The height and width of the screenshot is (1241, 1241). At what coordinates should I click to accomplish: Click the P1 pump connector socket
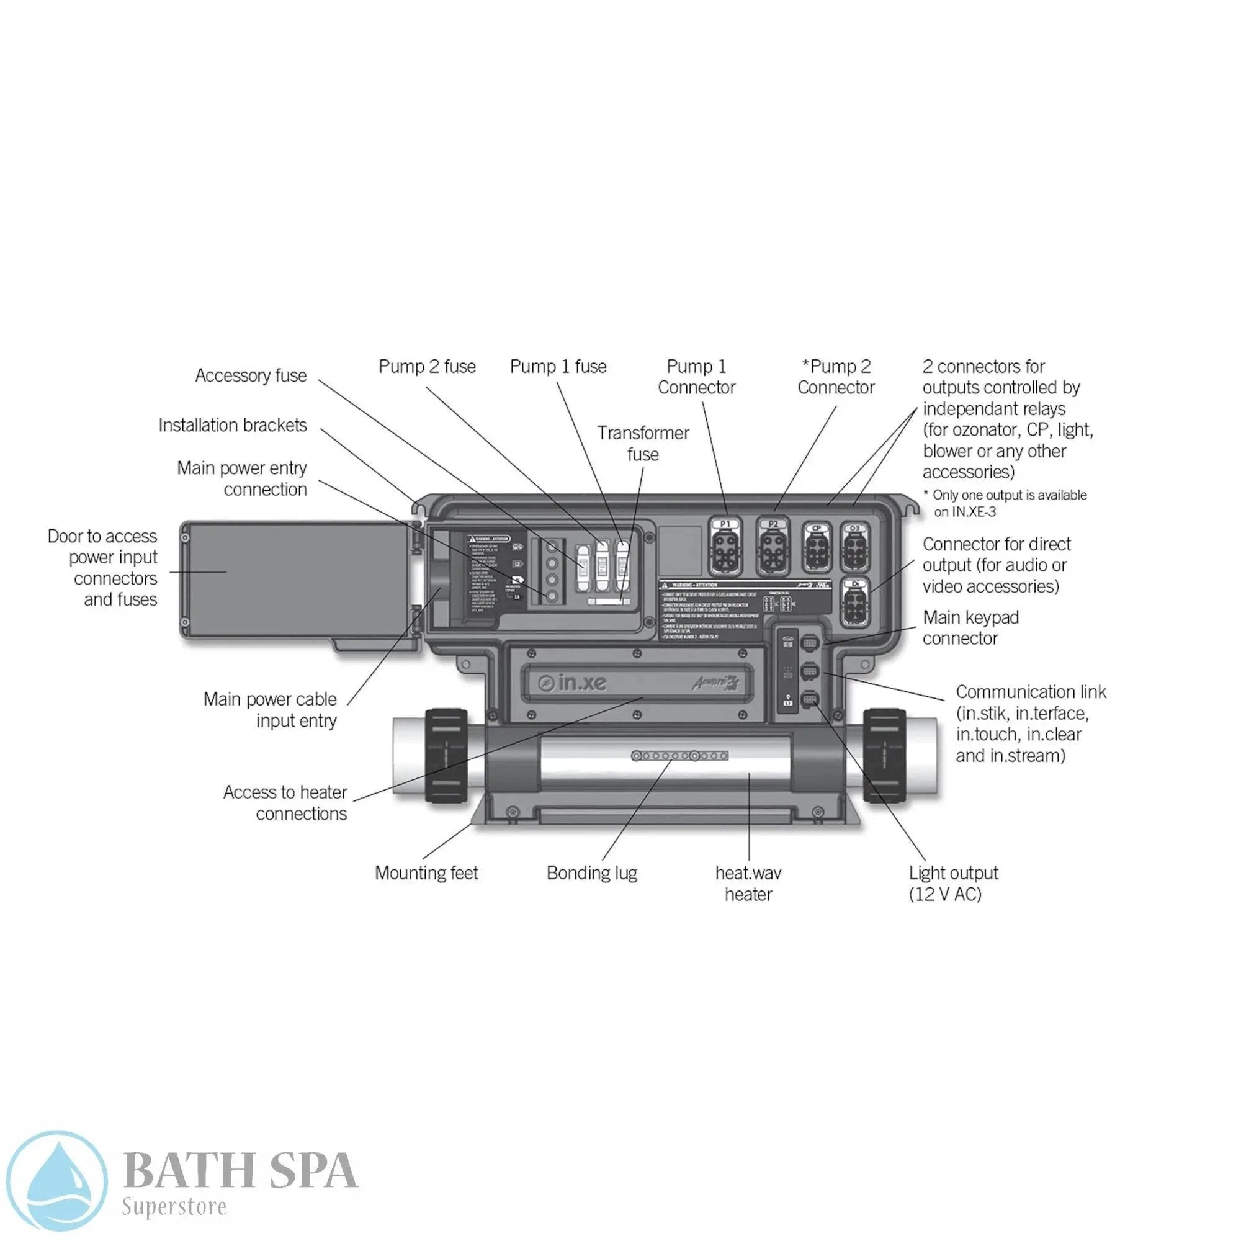click(x=725, y=549)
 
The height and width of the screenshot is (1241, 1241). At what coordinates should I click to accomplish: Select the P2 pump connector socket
click(x=773, y=549)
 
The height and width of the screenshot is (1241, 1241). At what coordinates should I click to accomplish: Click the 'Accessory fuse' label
click(x=251, y=376)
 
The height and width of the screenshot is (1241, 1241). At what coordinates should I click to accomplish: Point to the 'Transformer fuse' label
click(x=643, y=444)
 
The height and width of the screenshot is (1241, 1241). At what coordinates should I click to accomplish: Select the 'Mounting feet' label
click(x=426, y=873)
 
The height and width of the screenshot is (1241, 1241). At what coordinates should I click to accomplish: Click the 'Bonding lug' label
click(x=591, y=873)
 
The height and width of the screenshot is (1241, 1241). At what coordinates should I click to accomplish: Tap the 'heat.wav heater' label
click(x=748, y=883)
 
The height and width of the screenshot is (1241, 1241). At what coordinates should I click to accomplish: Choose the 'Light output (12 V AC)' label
click(x=953, y=883)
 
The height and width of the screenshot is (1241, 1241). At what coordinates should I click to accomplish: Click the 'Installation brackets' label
click(x=233, y=425)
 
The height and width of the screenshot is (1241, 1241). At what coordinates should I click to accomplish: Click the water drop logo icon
click(x=56, y=1181)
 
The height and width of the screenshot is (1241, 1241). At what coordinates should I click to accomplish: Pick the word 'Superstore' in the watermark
click(x=174, y=1206)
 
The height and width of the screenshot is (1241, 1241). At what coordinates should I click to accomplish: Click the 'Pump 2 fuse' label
click(x=427, y=367)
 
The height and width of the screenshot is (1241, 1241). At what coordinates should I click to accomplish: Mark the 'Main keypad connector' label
click(x=970, y=627)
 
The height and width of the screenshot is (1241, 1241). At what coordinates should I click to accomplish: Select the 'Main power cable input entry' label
click(x=270, y=710)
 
